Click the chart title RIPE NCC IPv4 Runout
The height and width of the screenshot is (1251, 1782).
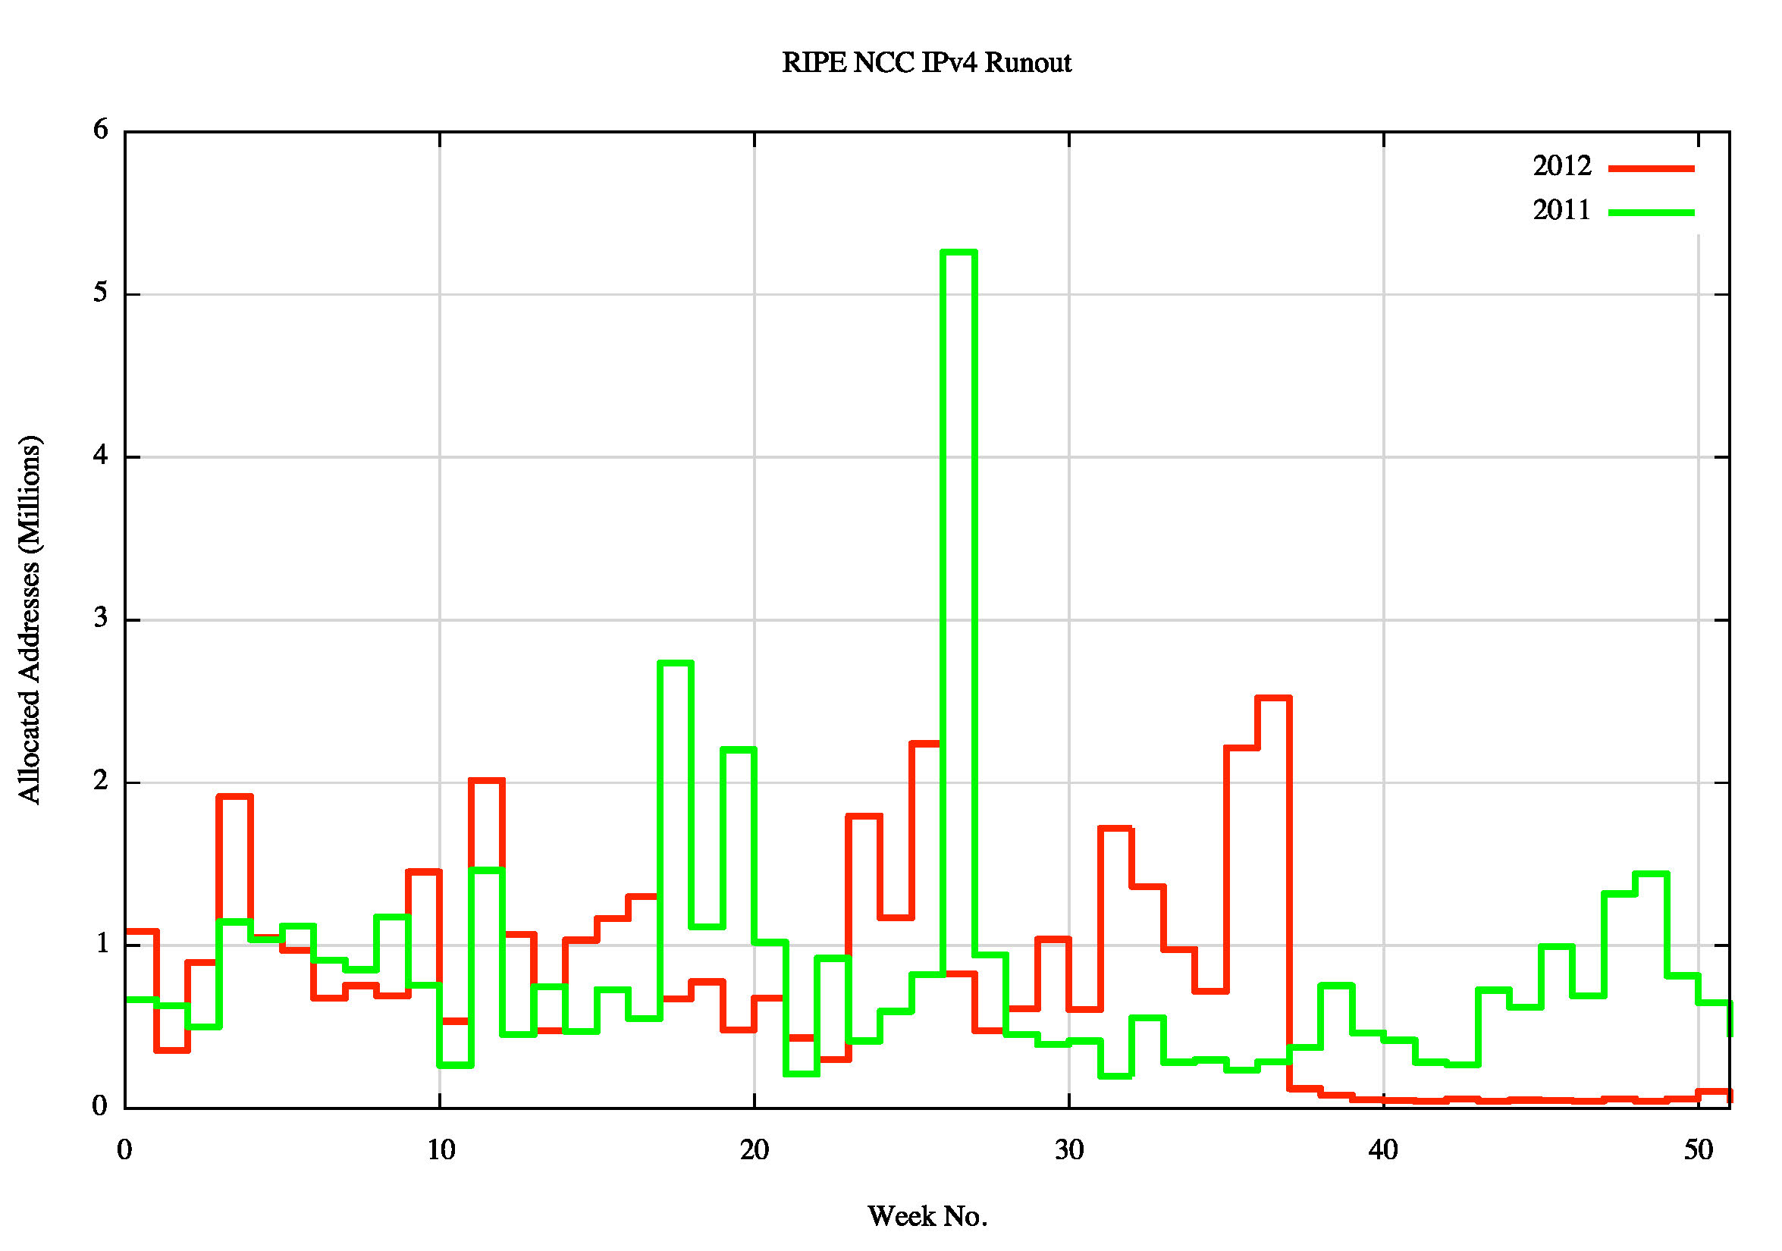[926, 63]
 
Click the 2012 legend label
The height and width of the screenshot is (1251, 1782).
[1561, 166]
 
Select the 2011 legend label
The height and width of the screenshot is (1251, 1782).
[1561, 210]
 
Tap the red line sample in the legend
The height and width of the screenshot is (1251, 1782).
[1651, 168]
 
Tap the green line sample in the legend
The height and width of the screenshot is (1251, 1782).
[1651, 212]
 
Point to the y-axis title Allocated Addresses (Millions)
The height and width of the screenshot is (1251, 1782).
[30, 619]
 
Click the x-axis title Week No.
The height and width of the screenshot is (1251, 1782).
[927, 1216]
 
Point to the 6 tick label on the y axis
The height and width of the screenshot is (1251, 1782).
[100, 130]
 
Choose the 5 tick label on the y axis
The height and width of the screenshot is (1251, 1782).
[100, 293]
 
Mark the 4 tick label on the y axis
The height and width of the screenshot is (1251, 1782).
[100, 456]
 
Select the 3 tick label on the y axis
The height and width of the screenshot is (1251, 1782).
[100, 619]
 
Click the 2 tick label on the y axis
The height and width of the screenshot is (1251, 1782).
[100, 781]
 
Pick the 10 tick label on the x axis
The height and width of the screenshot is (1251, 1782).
[441, 1150]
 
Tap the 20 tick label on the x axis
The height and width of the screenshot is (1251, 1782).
[755, 1150]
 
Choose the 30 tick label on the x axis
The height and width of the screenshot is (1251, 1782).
[1068, 1150]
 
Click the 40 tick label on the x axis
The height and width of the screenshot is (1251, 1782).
[1383, 1150]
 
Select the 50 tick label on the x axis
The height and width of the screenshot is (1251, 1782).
[1698, 1150]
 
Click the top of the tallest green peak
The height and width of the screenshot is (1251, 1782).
[958, 252]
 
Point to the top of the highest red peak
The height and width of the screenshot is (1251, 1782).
[1273, 698]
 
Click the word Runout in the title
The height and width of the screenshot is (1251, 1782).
[1027, 63]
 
